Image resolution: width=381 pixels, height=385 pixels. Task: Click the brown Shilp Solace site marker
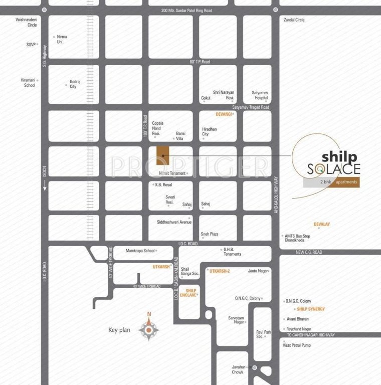162,156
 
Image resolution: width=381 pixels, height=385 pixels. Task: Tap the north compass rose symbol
148,329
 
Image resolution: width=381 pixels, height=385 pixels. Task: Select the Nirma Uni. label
62,39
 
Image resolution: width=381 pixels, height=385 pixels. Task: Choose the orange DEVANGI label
224,114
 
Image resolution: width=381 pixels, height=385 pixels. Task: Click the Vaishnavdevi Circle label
27,22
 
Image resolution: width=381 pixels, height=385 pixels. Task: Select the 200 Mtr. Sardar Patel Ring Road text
187,11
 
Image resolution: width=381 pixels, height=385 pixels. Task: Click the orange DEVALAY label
322,224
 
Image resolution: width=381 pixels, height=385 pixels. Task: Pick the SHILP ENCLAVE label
190,293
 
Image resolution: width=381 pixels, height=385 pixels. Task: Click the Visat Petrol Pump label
297,345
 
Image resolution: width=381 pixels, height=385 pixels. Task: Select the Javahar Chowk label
237,369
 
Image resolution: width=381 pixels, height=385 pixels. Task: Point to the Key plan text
119,330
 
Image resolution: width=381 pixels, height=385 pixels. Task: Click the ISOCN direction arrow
44,185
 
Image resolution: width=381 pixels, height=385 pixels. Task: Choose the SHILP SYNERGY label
311,309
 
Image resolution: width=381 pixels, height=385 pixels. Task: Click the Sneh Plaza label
210,234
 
